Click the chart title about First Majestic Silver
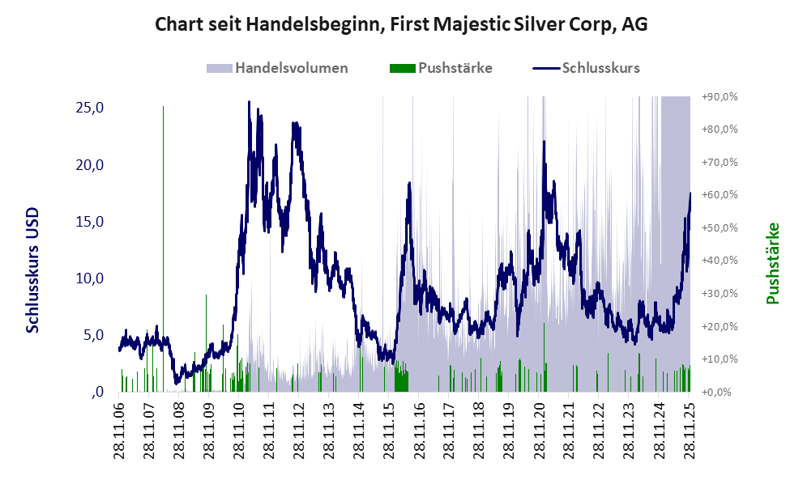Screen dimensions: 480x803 click(x=401, y=25)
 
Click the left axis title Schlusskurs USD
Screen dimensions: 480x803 click(x=33, y=270)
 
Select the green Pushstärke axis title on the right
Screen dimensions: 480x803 click(x=772, y=263)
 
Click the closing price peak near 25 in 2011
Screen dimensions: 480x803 click(x=249, y=103)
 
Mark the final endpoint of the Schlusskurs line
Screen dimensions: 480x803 click(x=690, y=193)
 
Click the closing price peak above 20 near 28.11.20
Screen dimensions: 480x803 click(x=544, y=142)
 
